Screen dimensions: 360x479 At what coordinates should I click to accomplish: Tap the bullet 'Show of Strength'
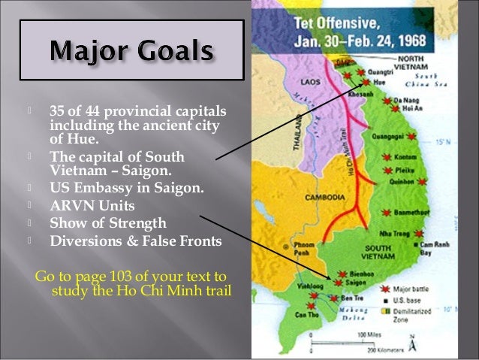107,223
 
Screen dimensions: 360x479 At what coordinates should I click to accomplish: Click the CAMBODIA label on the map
324,197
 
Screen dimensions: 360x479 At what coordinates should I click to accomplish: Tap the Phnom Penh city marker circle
284,247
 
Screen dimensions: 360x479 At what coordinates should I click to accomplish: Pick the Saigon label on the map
357,283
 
